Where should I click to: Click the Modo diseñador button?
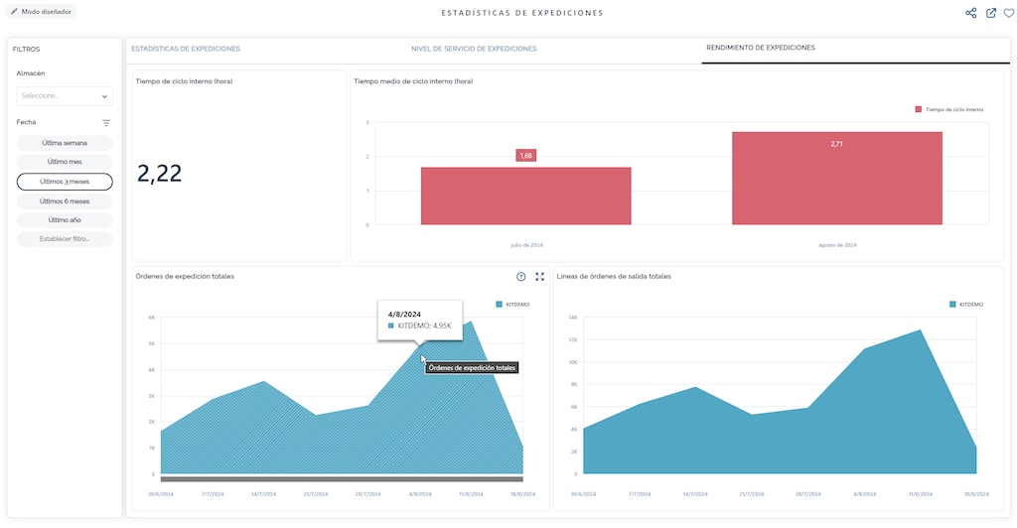42,12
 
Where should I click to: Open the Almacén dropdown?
65,96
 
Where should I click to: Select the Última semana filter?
65,143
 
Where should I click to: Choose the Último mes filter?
65,162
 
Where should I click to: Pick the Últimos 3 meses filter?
65,182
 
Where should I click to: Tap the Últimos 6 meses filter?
65,200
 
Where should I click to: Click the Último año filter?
65,219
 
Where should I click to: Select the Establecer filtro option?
65,239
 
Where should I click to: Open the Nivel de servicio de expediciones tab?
474,49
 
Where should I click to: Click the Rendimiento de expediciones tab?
760,48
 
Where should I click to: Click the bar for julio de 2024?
525,197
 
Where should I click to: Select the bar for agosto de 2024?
836,179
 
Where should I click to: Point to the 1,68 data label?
525,155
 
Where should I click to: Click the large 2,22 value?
160,174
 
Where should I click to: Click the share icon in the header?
971,13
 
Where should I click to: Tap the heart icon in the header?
1009,13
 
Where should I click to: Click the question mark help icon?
521,277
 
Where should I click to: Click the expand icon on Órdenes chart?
540,277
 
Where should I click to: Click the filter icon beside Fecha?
106,123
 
